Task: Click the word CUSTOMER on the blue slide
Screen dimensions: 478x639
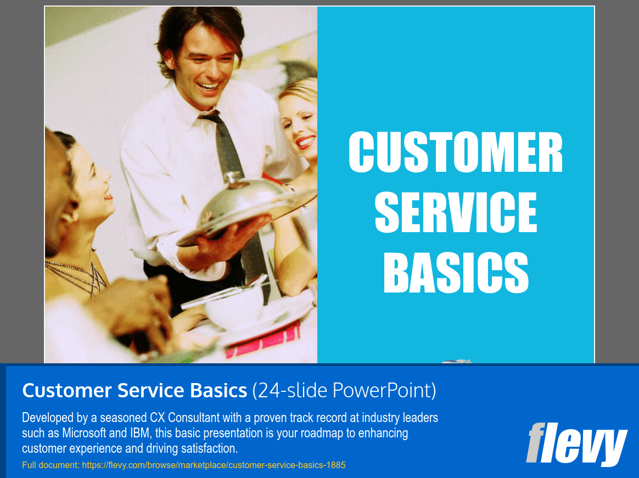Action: [x=456, y=153]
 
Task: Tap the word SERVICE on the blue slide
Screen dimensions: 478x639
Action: [x=456, y=212]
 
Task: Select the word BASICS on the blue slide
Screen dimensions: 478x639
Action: [x=456, y=273]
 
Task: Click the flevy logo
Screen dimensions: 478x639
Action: [x=576, y=443]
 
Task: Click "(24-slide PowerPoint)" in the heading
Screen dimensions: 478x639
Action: [x=344, y=391]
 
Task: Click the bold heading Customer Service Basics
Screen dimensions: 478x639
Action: [x=134, y=391]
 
